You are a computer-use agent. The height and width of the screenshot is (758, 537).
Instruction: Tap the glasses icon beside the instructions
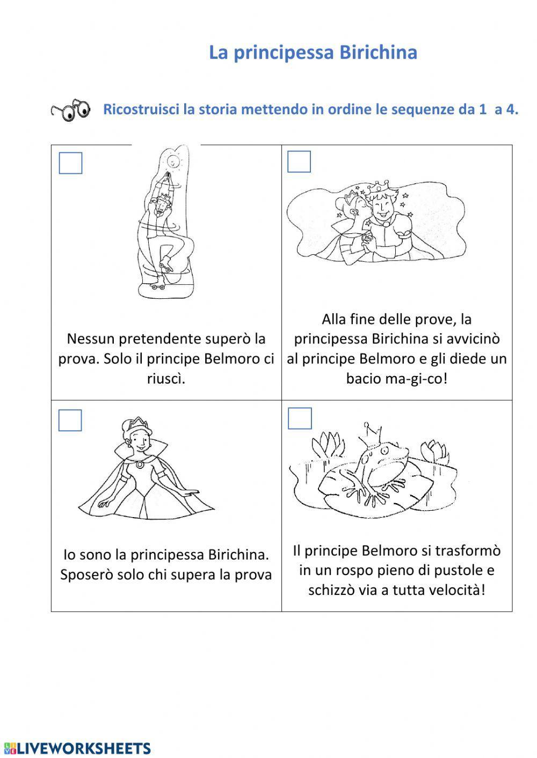[x=71, y=111]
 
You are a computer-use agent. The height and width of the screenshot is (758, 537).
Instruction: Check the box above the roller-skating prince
[x=70, y=164]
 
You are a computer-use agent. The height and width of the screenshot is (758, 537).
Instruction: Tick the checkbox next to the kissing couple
[x=299, y=161]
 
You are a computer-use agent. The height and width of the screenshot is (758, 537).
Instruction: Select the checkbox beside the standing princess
[x=70, y=421]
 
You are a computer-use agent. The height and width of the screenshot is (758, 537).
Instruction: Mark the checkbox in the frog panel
[x=300, y=418]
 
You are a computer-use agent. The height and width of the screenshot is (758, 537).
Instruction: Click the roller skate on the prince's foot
[x=167, y=264]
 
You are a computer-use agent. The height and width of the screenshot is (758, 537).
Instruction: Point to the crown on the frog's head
[x=373, y=431]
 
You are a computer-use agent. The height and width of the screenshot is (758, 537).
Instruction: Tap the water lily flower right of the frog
[x=434, y=451]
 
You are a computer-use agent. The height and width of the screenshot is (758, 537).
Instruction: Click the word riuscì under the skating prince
[x=165, y=379]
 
